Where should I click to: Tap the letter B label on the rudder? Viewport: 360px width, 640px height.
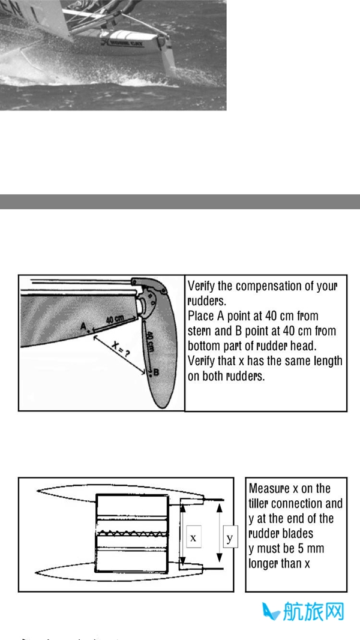pos(156,372)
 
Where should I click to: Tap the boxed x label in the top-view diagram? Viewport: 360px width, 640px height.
pos(193,538)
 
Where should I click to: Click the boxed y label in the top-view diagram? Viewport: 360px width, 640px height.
pos(230,538)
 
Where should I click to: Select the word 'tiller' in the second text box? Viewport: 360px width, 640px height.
pos(262,504)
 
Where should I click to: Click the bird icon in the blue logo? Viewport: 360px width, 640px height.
pos(271,612)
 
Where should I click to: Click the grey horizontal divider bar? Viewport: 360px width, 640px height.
pos(180,202)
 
